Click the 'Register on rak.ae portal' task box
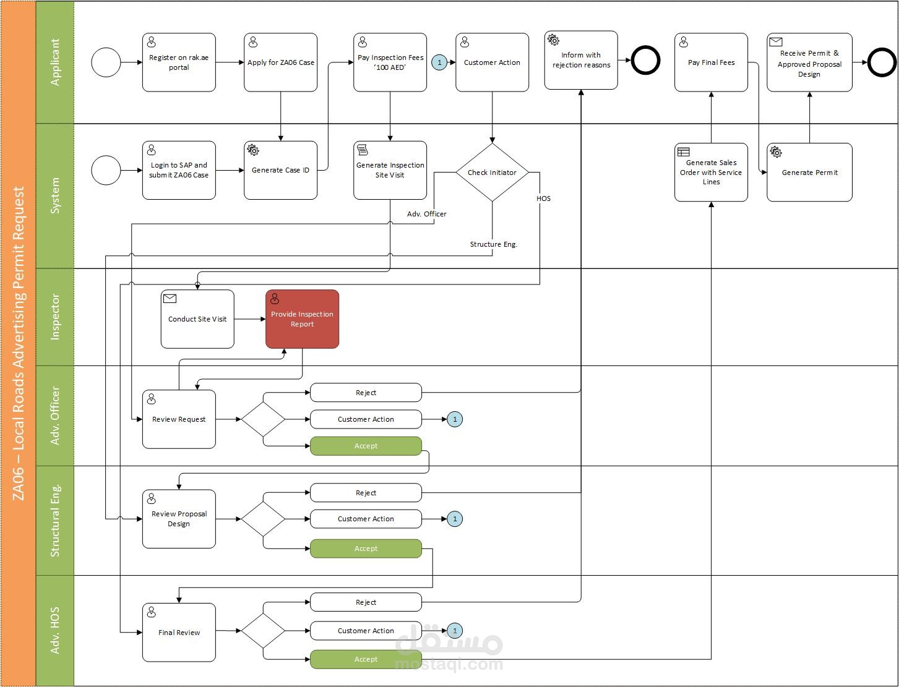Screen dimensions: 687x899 click(179, 62)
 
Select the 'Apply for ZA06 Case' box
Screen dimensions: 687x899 click(280, 62)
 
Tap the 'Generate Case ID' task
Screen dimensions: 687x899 click(280, 170)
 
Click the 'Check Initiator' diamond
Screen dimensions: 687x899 click(492, 173)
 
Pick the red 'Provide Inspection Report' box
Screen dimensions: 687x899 click(302, 319)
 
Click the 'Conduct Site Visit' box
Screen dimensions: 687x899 click(197, 319)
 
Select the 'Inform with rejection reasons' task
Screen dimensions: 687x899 click(581, 60)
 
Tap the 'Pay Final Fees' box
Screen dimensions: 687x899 click(711, 62)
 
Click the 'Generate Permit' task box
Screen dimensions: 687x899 click(809, 173)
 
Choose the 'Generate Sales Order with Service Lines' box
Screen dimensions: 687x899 click(711, 173)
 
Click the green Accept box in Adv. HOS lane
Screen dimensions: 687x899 click(366, 659)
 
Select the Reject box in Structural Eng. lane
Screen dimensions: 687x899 click(366, 493)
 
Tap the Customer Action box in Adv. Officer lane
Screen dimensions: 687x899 click(366, 419)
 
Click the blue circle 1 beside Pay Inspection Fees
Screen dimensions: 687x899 click(439, 62)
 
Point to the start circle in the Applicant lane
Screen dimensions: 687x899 click(106, 62)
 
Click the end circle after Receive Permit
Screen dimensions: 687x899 click(882, 62)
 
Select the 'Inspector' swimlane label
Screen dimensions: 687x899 click(55, 317)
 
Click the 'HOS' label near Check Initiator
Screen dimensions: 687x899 click(544, 198)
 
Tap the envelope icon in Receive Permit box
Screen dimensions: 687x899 click(775, 42)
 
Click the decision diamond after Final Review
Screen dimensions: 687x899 click(263, 631)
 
